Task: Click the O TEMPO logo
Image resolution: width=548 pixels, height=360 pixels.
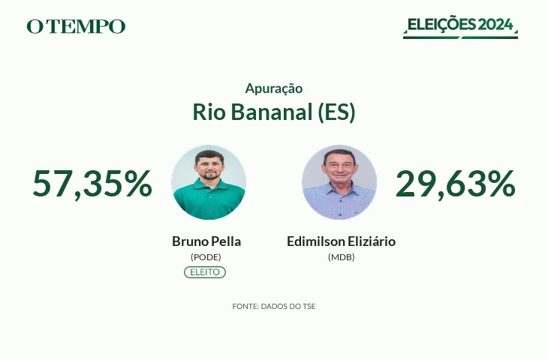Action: click(76, 26)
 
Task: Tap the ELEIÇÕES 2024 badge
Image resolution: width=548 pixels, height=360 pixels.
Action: click(460, 27)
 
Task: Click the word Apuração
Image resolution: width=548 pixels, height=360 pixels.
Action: click(274, 88)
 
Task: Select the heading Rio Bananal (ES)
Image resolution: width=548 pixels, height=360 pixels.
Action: click(274, 112)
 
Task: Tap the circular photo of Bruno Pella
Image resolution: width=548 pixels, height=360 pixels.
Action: click(209, 182)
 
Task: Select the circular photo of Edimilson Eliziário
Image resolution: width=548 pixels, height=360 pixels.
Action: click(339, 182)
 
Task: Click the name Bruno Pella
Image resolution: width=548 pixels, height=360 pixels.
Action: click(206, 241)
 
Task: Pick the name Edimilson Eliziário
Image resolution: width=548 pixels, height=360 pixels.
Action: click(341, 241)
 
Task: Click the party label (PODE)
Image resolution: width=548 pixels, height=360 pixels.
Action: click(206, 257)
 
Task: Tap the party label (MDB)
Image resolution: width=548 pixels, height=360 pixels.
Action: click(341, 257)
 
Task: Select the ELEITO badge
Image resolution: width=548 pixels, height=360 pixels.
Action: click(205, 272)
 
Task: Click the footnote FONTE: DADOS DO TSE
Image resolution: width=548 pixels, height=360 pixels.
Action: click(274, 307)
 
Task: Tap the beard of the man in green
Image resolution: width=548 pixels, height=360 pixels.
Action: click(209, 175)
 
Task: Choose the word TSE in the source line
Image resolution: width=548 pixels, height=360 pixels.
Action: click(309, 307)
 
